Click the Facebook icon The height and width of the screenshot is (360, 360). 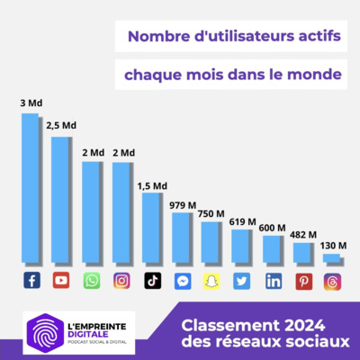31,281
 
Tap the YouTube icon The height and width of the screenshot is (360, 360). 61,281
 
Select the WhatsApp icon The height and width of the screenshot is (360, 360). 92,281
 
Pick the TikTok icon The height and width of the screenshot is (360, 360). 152,281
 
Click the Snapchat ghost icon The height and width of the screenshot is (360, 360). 211,281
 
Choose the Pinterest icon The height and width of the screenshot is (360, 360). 302,281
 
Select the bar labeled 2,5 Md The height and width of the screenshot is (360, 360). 61,198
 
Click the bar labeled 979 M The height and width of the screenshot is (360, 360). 182,236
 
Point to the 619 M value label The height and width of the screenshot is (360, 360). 242,221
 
